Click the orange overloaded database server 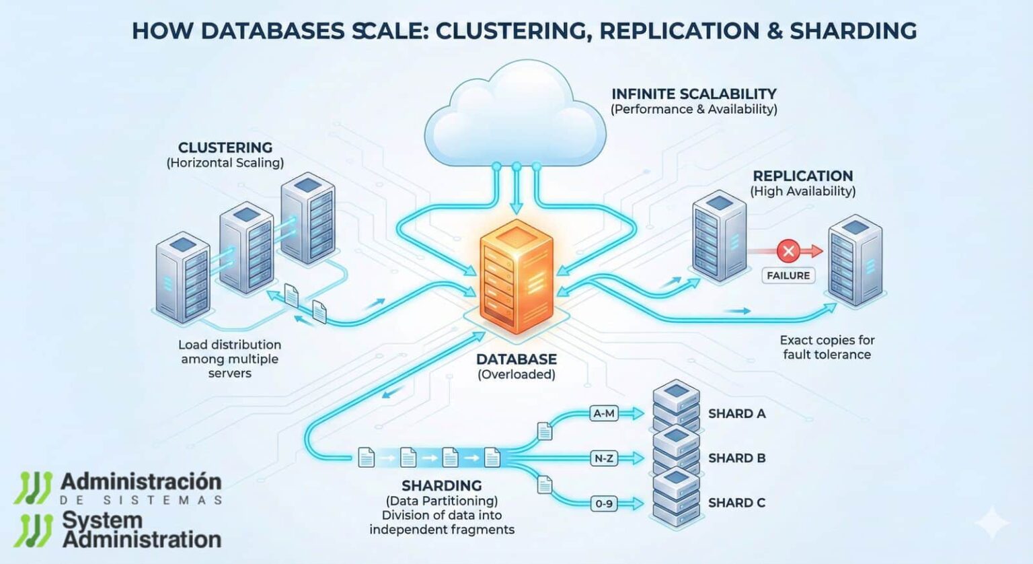[x=516, y=277]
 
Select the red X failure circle [x=788, y=252]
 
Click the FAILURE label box [x=788, y=275]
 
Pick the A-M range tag [x=603, y=413]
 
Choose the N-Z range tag [x=603, y=458]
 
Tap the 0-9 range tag [x=603, y=503]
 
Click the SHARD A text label [x=736, y=414]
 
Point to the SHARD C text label [x=736, y=503]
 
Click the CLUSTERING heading [x=225, y=147]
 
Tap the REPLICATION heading [x=802, y=176]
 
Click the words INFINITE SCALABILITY [x=693, y=94]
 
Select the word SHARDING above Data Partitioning [x=441, y=485]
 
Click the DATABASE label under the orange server [x=516, y=359]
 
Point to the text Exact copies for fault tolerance [x=827, y=347]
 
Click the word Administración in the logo [x=141, y=482]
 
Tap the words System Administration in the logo [x=141, y=530]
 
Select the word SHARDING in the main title [x=853, y=31]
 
